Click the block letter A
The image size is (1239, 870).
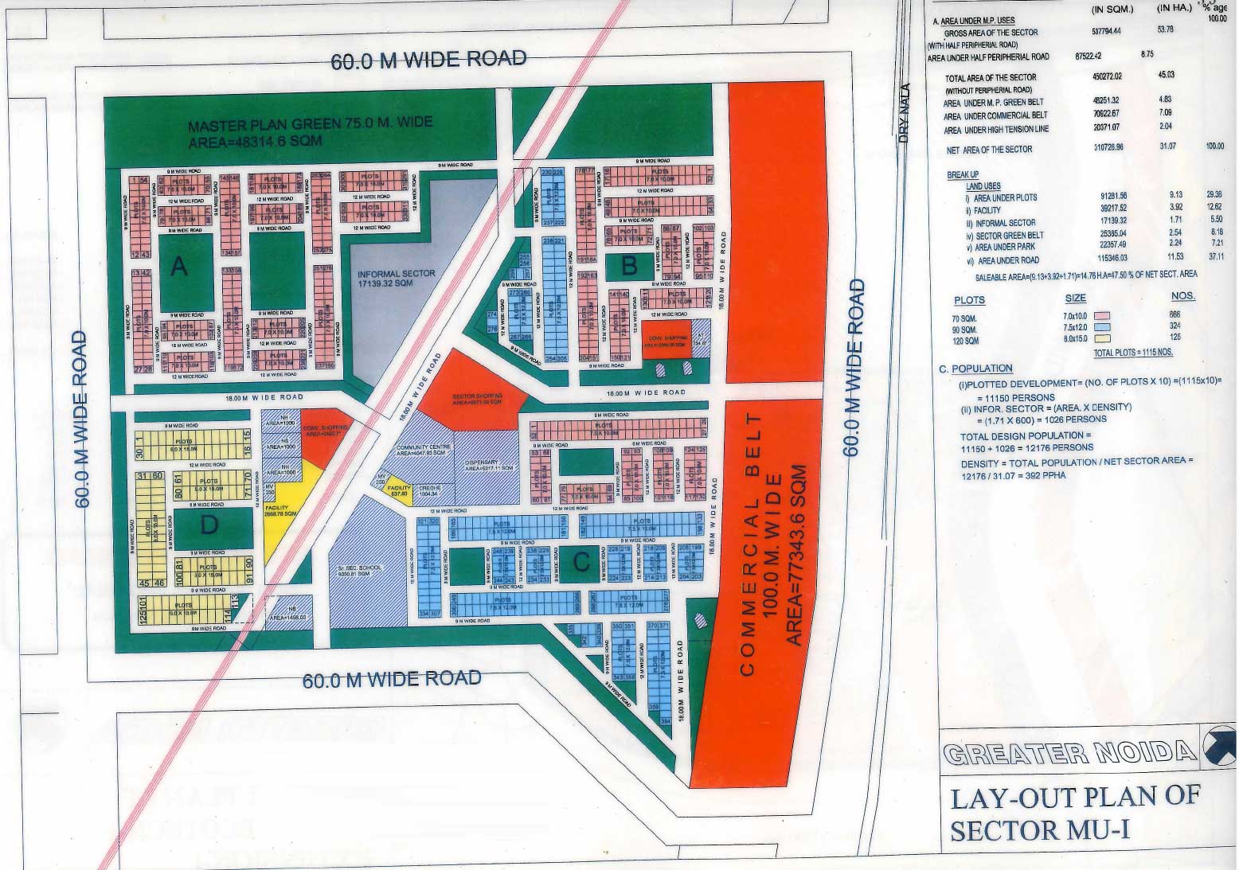pos(179,268)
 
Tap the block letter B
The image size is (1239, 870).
pos(629,267)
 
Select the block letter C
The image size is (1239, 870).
pos(581,563)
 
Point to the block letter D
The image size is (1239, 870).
pos(209,525)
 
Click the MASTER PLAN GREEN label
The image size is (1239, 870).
pos(311,123)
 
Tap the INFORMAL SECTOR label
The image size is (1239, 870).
pos(397,274)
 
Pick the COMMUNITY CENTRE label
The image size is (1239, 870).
pos(423,447)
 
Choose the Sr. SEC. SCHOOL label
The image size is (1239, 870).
pos(363,568)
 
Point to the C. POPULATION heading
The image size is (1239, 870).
pos(976,369)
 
